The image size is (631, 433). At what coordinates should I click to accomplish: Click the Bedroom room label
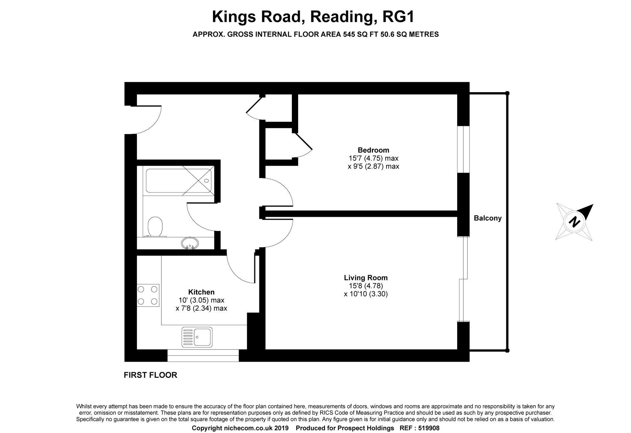coord(373,150)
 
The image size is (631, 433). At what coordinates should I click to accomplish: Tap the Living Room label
coord(366,278)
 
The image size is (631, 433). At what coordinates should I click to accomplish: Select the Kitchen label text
coord(201,292)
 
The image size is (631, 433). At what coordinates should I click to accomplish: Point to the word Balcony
coord(487,218)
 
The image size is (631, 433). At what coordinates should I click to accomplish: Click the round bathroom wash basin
coord(190,243)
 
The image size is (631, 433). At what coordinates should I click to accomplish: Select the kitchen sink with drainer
coord(197,337)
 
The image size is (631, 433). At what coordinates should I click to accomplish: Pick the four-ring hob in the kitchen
coord(148,295)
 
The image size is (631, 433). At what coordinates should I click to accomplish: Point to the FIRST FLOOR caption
coord(150,375)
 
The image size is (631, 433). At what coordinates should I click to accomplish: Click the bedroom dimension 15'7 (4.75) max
coord(373,158)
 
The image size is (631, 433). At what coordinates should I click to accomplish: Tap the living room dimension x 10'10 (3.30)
coord(366,294)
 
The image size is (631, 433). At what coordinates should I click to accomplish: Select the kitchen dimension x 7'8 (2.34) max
coord(201,308)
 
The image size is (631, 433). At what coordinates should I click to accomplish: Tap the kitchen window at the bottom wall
coord(203,356)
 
